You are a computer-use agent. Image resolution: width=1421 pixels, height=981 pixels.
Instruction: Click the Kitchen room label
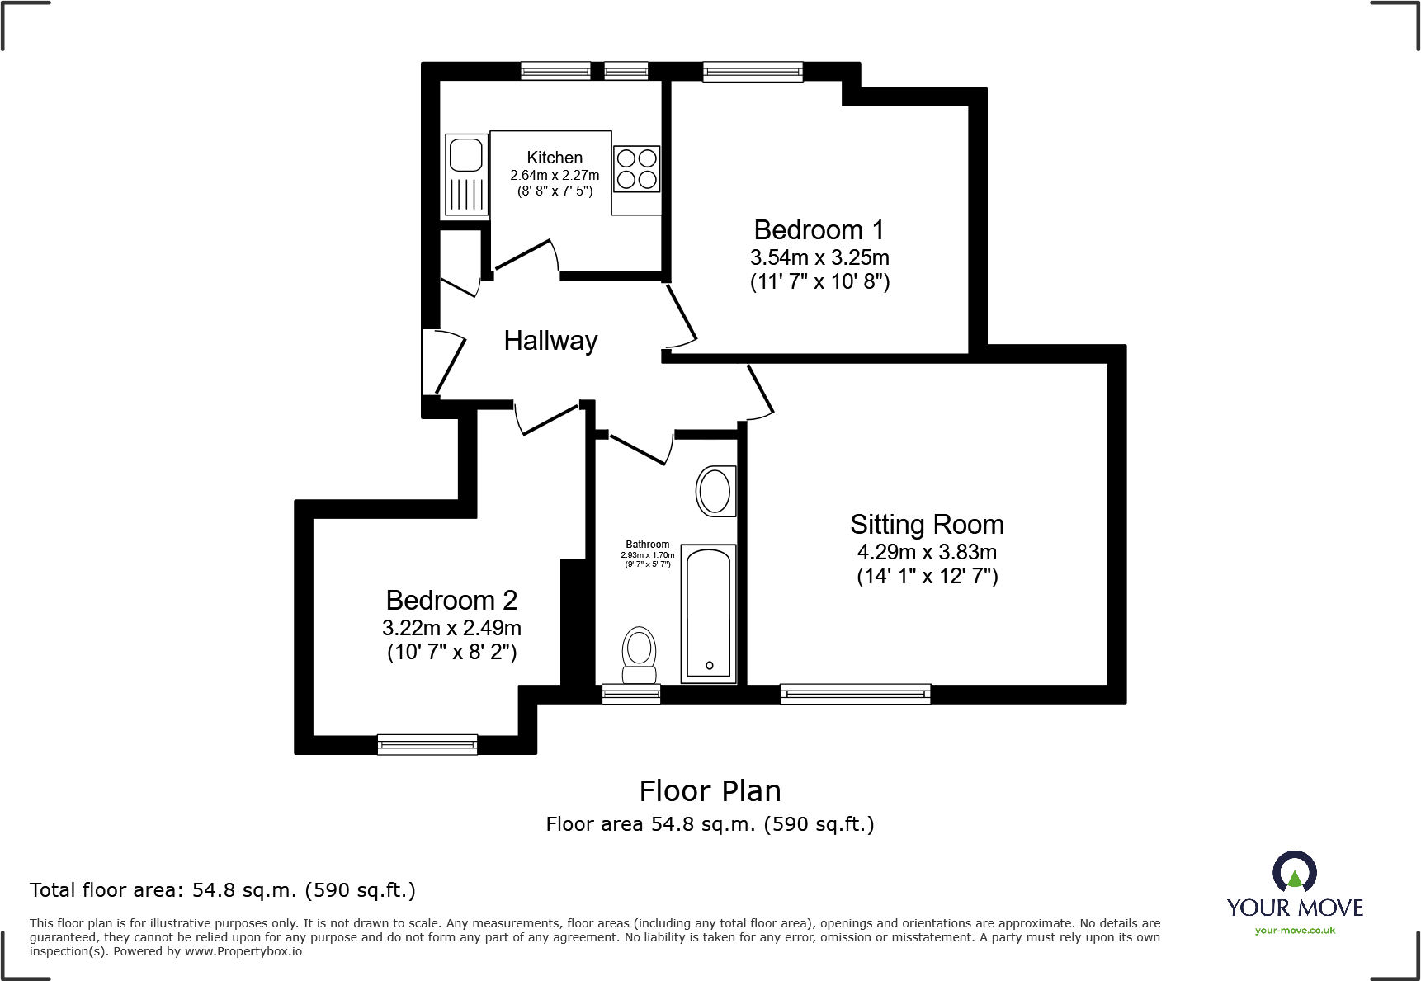555,158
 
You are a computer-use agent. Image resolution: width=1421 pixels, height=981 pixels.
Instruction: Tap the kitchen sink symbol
465,174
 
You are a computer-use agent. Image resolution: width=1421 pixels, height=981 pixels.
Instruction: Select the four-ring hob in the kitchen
636,168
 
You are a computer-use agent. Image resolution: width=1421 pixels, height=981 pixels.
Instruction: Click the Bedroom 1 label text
819,229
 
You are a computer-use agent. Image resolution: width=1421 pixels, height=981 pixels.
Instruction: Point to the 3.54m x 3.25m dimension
819,257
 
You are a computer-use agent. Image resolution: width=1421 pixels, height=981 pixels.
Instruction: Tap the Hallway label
550,341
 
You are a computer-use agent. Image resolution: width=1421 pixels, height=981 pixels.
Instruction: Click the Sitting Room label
927,525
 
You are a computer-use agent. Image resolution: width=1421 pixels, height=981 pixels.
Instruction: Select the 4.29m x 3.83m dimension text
927,552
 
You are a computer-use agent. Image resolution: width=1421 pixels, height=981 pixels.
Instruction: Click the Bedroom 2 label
451,600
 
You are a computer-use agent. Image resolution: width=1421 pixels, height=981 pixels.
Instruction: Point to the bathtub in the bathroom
708,612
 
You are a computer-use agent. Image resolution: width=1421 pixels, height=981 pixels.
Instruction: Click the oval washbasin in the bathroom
715,492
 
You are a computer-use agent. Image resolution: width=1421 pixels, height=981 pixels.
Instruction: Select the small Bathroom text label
647,545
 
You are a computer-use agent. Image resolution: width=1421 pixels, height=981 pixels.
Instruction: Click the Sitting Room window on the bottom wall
855,694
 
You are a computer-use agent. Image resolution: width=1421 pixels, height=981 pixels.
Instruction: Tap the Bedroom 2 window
427,744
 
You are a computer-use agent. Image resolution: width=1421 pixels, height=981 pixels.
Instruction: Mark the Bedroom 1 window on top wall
752,72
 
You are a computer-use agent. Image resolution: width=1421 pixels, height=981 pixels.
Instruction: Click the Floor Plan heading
710,791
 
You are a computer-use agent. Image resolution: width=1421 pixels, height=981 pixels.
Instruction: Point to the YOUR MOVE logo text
1294,908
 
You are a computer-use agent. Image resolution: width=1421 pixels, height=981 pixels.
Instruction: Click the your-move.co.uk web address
1294,931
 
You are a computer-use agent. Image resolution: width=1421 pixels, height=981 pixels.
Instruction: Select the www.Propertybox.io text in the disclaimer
243,951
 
